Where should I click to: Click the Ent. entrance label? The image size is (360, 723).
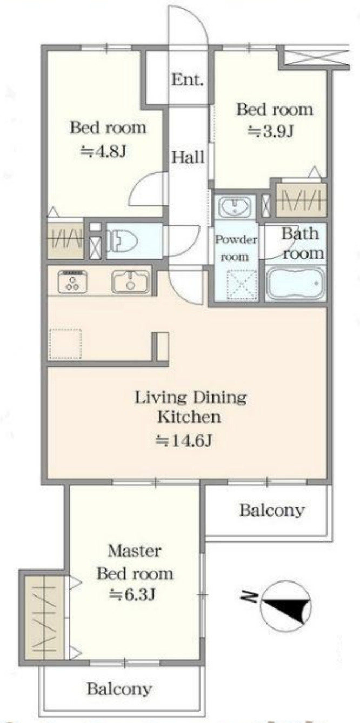tap(187, 80)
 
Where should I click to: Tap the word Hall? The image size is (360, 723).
tap(188, 157)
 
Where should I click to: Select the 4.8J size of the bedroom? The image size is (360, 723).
tap(103, 151)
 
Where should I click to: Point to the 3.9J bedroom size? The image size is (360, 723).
tap(271, 131)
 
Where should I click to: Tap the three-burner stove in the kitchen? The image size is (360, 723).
tap(72, 282)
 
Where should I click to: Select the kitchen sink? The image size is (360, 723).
tap(130, 282)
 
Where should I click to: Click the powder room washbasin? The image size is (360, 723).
tap(235, 207)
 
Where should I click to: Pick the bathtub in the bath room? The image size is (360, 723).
tap(295, 283)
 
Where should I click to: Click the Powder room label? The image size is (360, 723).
tap(236, 248)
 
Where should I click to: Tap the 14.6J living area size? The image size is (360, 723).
tap(184, 440)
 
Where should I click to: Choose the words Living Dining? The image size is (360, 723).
tap(190, 398)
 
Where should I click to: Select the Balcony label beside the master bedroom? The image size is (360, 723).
tap(272, 511)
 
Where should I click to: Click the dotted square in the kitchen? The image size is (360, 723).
tap(65, 344)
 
